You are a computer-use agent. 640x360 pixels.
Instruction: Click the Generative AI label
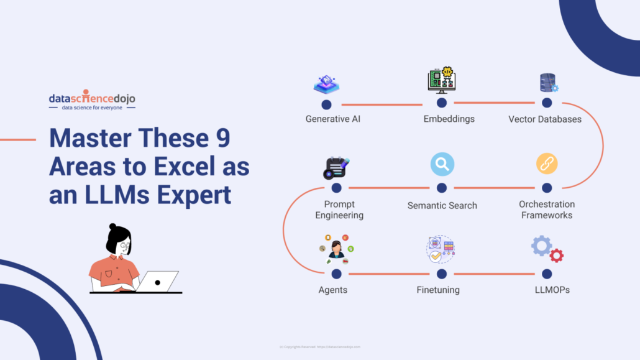(332, 119)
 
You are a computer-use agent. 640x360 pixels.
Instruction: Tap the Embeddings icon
(441, 81)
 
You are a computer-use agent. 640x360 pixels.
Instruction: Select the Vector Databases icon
(548, 83)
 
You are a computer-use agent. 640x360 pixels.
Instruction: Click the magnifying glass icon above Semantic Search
(442, 164)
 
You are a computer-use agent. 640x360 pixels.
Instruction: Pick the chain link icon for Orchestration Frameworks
(547, 164)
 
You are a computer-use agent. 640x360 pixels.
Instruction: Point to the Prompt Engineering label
(339, 210)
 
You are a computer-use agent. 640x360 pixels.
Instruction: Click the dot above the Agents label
(336, 274)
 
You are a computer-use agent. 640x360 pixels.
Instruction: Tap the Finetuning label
(438, 290)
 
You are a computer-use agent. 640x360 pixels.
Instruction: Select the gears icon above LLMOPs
(547, 249)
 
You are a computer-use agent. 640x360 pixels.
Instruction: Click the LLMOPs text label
(552, 290)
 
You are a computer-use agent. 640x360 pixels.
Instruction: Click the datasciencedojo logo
(92, 101)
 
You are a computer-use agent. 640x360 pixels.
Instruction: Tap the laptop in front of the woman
(157, 282)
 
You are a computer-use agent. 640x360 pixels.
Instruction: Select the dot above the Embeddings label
(441, 103)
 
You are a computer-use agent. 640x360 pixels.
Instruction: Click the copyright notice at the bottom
(320, 347)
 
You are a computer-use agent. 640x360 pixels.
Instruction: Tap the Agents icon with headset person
(336, 249)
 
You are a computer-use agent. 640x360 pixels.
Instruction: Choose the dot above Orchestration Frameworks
(547, 187)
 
